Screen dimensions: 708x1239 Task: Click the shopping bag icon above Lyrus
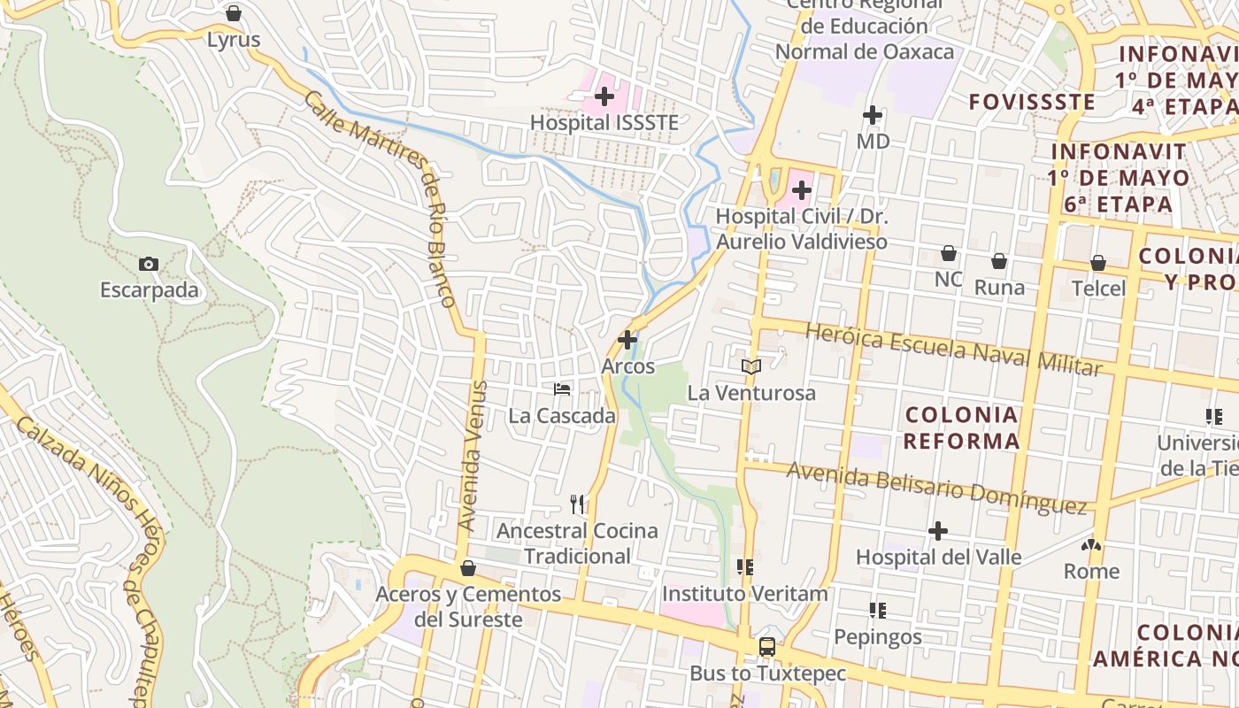tap(234, 13)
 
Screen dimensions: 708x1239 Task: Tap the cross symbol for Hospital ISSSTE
tap(604, 96)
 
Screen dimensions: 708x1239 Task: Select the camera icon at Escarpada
tap(149, 264)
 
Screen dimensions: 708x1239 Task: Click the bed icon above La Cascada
tap(562, 389)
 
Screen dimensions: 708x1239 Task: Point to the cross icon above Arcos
tap(627, 340)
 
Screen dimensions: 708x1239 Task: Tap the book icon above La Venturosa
tap(751, 366)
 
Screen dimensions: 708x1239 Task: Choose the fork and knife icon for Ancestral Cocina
tap(577, 504)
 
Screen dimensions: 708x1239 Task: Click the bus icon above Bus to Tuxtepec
tap(767, 647)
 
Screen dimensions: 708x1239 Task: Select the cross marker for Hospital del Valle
tap(938, 531)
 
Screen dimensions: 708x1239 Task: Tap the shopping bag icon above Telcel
tap(1098, 263)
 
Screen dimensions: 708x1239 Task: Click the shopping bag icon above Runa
tap(999, 261)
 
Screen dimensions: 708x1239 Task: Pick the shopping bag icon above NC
tap(949, 253)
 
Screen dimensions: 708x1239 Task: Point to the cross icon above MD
tap(873, 115)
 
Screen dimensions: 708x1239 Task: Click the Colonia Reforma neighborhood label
tap(961, 427)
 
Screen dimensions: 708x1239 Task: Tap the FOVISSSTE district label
tap(1032, 102)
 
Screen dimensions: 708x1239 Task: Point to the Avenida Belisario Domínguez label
tap(936, 488)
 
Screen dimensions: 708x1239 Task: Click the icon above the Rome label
tap(1091, 545)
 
